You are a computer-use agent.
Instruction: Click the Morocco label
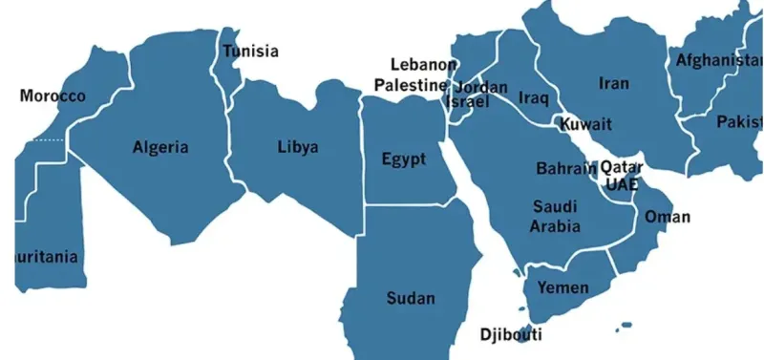coord(53,96)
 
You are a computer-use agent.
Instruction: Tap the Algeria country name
coord(160,147)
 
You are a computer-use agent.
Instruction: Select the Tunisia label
coord(250,51)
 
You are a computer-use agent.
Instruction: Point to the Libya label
coord(298,147)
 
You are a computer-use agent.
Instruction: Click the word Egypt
coord(403,159)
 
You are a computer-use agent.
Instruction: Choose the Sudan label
coord(411,298)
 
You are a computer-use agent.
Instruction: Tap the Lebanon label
coord(424,65)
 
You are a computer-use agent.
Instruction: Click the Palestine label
coord(410,85)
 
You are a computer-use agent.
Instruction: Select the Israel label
coord(468,101)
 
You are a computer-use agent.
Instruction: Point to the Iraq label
coord(533,97)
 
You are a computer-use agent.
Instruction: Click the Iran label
coord(614,83)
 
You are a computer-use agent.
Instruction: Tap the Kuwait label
coord(585,124)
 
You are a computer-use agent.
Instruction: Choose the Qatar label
coord(621,167)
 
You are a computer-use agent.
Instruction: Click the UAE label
coord(621,184)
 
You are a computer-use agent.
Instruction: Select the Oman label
coord(668,217)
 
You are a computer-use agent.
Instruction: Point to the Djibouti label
coord(511,334)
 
